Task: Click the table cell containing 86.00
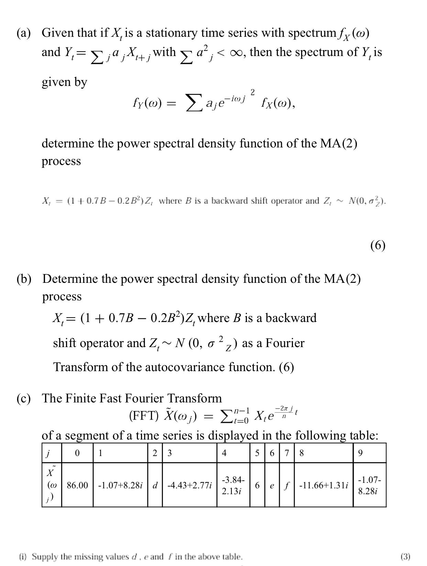[x=77, y=485]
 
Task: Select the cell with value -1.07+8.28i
[x=120, y=485]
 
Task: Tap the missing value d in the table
[x=155, y=485]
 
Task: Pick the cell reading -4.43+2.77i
[x=189, y=485]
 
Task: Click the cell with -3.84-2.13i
[x=233, y=485]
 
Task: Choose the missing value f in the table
[x=286, y=485]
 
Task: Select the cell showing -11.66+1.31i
[x=324, y=485]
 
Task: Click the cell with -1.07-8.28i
[x=369, y=485]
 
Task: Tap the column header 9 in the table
[x=360, y=453]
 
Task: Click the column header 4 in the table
[x=224, y=453]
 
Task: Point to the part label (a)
[x=24, y=33]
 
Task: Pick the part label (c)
[x=24, y=398]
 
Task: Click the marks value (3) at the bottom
[x=405, y=556]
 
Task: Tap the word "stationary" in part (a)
[x=171, y=33]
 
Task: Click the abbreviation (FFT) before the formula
[x=144, y=415]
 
